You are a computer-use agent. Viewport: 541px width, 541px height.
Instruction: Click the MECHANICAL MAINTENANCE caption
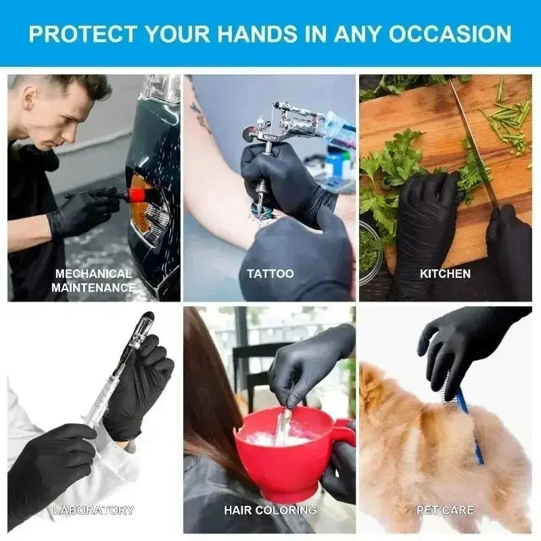click(x=93, y=281)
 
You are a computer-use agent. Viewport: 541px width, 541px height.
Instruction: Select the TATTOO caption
click(x=270, y=274)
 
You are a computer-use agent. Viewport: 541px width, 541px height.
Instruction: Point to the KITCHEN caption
click(x=445, y=274)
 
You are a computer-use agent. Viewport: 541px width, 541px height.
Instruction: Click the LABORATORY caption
click(x=93, y=510)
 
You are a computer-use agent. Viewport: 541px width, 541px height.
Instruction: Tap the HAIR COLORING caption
click(x=270, y=510)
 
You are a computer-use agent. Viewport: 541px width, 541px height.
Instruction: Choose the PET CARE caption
click(x=445, y=510)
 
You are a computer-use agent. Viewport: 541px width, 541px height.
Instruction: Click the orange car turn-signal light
click(x=141, y=203)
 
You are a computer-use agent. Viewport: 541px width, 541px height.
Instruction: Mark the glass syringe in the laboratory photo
click(x=115, y=379)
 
